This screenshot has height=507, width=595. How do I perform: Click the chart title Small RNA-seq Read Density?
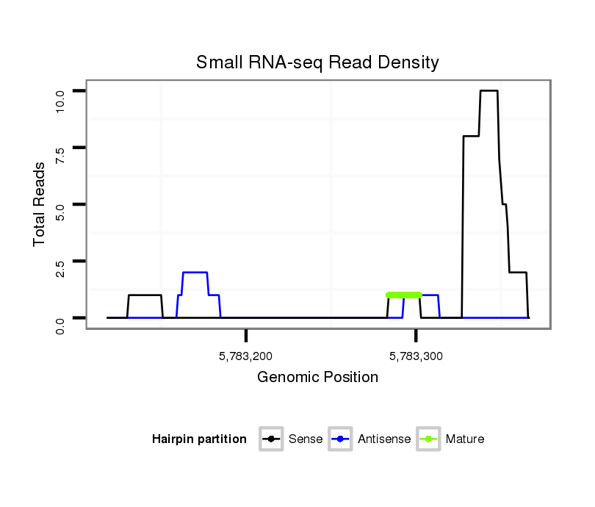click(317, 62)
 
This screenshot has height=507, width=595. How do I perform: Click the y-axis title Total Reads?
click(40, 204)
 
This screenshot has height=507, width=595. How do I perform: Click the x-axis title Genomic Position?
click(317, 378)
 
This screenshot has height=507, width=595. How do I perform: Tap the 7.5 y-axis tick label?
click(60, 148)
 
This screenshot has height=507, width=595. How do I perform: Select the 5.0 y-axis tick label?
click(60, 205)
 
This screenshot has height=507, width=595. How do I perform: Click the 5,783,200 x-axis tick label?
click(246, 358)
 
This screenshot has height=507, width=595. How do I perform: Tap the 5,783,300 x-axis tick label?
click(416, 358)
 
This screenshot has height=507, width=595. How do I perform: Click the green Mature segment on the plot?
click(404, 295)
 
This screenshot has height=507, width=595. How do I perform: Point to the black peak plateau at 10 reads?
click(488, 91)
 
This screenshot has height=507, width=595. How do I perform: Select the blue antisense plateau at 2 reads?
click(195, 273)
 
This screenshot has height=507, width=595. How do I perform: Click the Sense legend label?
click(306, 439)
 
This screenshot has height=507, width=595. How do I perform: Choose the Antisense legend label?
click(384, 439)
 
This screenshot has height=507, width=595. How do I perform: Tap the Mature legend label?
click(465, 439)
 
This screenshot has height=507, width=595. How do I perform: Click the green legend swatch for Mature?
click(428, 439)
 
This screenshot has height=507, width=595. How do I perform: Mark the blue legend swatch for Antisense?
click(342, 439)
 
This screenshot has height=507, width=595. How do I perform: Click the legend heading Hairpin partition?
click(199, 439)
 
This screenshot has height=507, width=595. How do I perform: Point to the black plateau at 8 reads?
click(471, 136)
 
